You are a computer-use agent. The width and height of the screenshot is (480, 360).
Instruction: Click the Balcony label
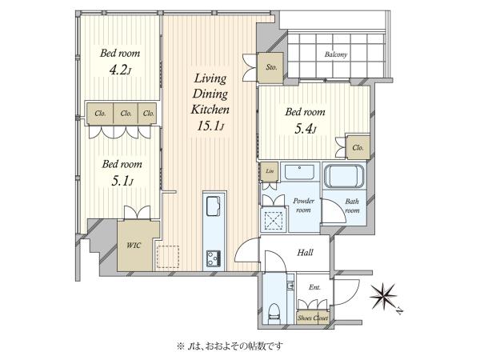[336, 54]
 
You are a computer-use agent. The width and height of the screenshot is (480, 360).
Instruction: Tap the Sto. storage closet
[270, 67]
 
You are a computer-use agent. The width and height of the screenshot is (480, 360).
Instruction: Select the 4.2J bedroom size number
[120, 71]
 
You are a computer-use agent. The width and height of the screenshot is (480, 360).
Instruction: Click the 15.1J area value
[210, 126]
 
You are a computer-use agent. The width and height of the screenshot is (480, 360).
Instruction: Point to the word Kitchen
[210, 110]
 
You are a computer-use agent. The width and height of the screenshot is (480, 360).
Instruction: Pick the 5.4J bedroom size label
[306, 129]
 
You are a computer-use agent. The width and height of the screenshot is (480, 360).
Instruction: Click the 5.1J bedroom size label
[122, 182]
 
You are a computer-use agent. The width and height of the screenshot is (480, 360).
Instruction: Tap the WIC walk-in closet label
[134, 246]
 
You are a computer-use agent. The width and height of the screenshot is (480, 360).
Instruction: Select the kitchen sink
[213, 206]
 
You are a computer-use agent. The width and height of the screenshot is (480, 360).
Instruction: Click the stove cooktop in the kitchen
[214, 258]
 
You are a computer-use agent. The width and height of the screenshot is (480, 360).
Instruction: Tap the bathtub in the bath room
[344, 176]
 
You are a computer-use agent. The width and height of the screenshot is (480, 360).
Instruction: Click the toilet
[274, 313]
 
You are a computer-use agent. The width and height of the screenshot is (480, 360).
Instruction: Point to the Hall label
[306, 252]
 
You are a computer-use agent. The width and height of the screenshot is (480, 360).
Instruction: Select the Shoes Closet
[313, 318]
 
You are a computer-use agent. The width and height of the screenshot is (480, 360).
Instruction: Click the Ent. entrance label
[314, 287]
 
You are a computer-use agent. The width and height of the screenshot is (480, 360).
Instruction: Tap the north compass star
[382, 296]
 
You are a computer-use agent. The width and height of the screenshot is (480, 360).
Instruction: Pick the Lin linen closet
[270, 171]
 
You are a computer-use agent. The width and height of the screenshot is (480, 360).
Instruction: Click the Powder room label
[303, 206]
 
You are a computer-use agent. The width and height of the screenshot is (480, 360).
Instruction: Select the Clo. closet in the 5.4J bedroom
[358, 147]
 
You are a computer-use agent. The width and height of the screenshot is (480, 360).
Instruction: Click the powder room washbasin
[299, 172]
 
